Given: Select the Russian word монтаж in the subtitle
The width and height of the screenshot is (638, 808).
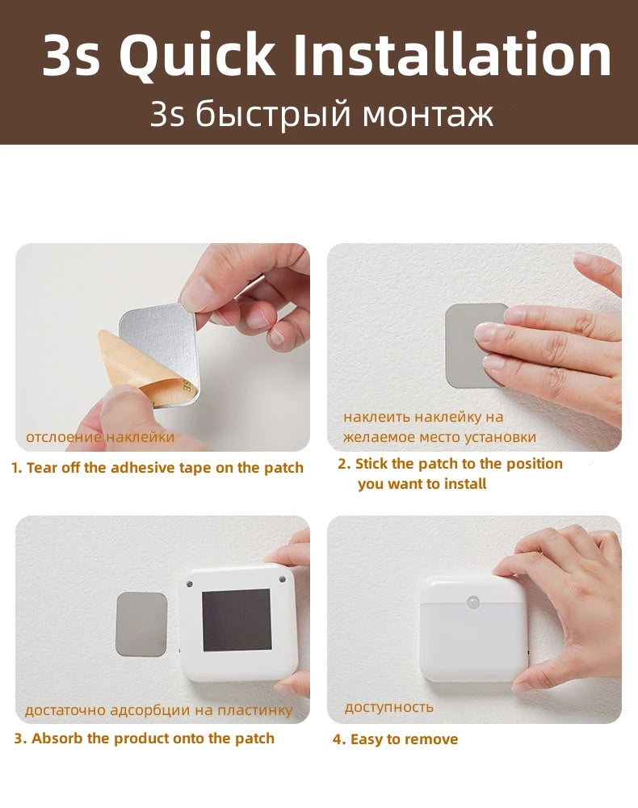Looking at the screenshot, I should tap(427, 115).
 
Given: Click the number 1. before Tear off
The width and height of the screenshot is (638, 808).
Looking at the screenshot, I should tap(17, 468).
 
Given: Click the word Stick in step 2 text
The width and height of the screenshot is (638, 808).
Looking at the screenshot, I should tap(371, 464).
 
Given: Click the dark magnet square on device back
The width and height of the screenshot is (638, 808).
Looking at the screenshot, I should tap(236, 620).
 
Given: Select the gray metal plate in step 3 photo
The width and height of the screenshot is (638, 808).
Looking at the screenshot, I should tap(142, 623).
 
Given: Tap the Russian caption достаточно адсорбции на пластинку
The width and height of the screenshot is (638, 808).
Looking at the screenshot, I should tap(158, 711).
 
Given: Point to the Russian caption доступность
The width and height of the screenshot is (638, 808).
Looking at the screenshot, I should tap(389, 707).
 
